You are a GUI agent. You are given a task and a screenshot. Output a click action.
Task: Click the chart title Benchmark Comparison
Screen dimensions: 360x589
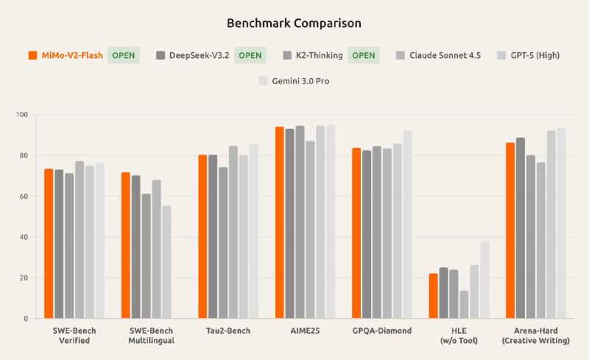(294, 23)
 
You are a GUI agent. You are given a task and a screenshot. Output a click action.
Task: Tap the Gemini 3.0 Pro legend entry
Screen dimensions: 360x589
(293, 81)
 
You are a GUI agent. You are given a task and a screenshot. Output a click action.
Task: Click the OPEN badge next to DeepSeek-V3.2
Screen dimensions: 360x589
(250, 55)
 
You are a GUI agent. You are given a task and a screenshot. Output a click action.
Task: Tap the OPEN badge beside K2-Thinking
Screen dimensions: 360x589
(362, 55)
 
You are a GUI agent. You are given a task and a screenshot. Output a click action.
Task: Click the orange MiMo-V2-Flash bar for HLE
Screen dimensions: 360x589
(434, 296)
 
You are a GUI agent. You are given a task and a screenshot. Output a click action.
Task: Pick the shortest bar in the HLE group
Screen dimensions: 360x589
(464, 305)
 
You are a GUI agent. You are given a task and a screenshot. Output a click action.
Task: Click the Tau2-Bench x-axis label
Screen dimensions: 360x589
(228, 331)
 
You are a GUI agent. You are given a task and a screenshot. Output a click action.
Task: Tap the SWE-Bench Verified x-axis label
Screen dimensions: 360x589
(74, 335)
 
